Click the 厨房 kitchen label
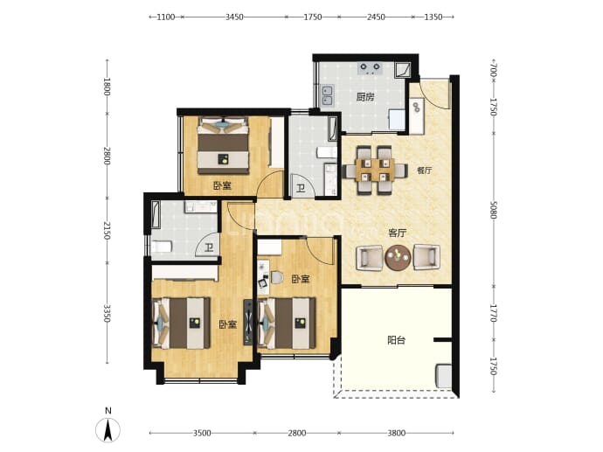click(x=365, y=97)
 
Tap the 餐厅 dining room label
click(x=425, y=170)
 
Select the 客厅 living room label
click(x=398, y=233)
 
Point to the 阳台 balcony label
click(x=397, y=340)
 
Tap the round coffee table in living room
click(x=398, y=257)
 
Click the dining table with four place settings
click(x=375, y=170)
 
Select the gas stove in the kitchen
click(x=370, y=69)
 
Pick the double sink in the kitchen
click(x=328, y=95)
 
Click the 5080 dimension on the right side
click(x=494, y=210)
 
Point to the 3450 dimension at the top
click(x=234, y=17)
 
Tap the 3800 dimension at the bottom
click(x=397, y=433)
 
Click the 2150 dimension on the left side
click(x=107, y=231)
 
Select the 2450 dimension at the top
click(x=376, y=17)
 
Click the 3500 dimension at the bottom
click(x=202, y=433)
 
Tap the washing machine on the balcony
click(x=443, y=376)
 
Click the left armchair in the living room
click(x=370, y=258)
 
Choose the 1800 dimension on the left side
click(x=107, y=87)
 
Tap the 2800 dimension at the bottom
click(x=297, y=433)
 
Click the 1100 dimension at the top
click(x=166, y=17)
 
